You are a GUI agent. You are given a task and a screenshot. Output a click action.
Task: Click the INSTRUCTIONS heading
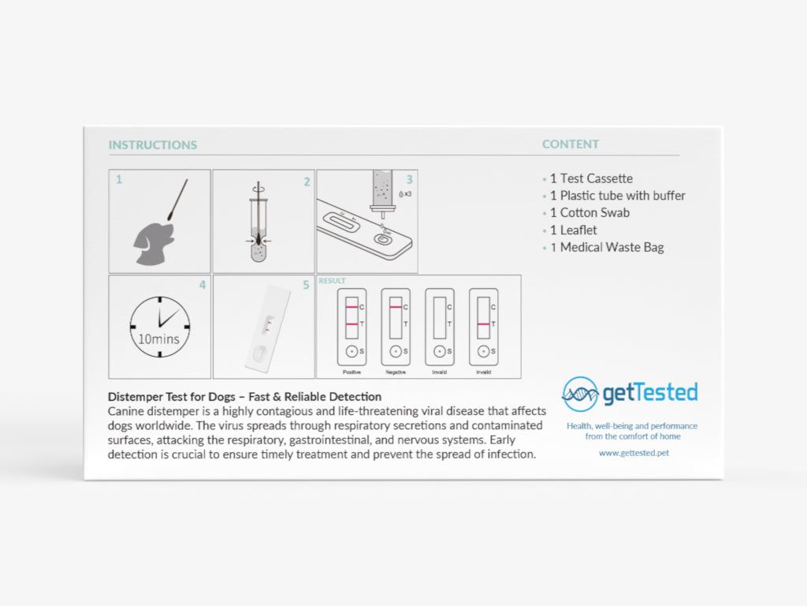(x=152, y=145)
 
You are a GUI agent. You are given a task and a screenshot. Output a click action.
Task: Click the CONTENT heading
(x=571, y=144)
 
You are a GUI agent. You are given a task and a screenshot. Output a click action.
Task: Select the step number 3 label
(x=409, y=180)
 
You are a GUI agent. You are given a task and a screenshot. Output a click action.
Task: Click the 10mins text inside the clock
(x=158, y=340)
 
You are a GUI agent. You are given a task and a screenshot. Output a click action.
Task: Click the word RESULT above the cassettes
(x=332, y=281)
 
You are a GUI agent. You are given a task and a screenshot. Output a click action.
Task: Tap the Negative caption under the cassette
(x=396, y=372)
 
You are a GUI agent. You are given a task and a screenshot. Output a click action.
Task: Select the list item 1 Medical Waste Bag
(x=607, y=247)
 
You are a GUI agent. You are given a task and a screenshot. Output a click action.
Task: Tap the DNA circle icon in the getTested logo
(x=579, y=394)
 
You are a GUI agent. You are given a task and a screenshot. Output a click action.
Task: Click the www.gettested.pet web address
(x=634, y=453)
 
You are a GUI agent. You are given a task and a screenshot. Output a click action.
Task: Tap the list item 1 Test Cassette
(x=591, y=178)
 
